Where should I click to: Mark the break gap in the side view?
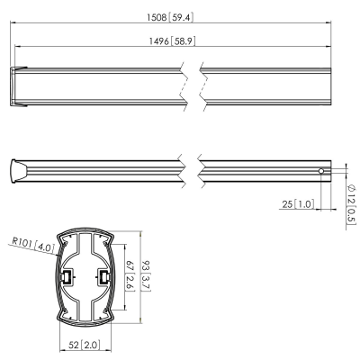pos(190,171)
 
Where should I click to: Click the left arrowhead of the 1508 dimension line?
pos(12,23)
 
